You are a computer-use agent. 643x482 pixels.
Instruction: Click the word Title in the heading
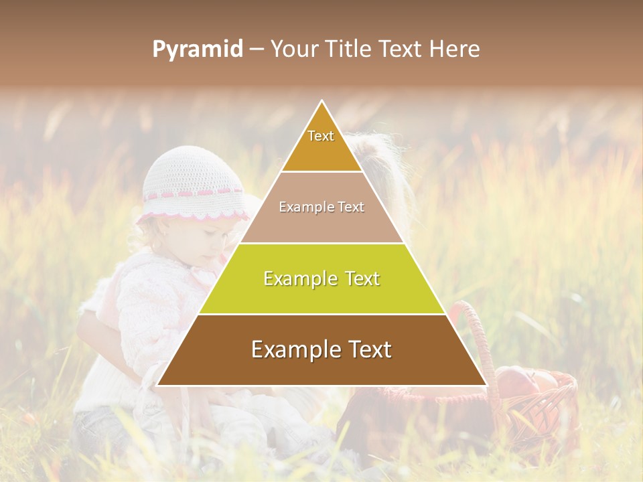pos(347,50)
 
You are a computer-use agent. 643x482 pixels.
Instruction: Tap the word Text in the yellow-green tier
pos(358,278)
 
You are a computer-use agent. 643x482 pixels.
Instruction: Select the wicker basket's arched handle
pos(480,335)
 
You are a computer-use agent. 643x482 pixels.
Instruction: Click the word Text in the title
pos(403,50)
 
